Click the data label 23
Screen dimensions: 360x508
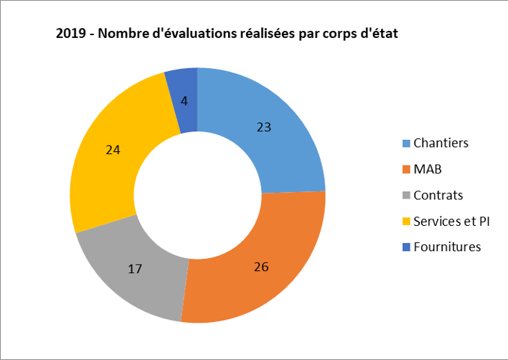[x=264, y=127]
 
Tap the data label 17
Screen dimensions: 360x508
[x=135, y=269]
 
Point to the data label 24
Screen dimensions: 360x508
[x=113, y=151]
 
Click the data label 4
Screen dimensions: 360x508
[x=184, y=101]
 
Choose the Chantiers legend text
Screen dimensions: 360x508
[x=441, y=143]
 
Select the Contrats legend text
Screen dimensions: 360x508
[x=438, y=195]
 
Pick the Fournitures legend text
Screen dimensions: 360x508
[x=447, y=247]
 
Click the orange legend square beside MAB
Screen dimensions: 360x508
[x=406, y=170]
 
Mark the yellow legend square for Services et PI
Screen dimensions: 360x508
[x=406, y=222]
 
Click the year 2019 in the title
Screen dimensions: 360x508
[x=70, y=34]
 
